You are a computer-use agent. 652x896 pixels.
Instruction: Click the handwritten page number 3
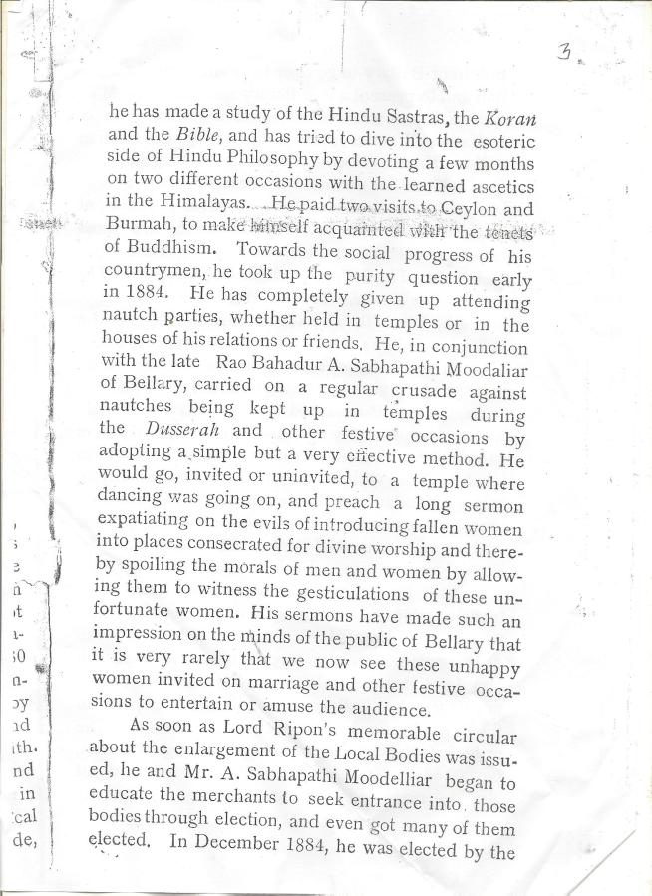pyautogui.click(x=564, y=53)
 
